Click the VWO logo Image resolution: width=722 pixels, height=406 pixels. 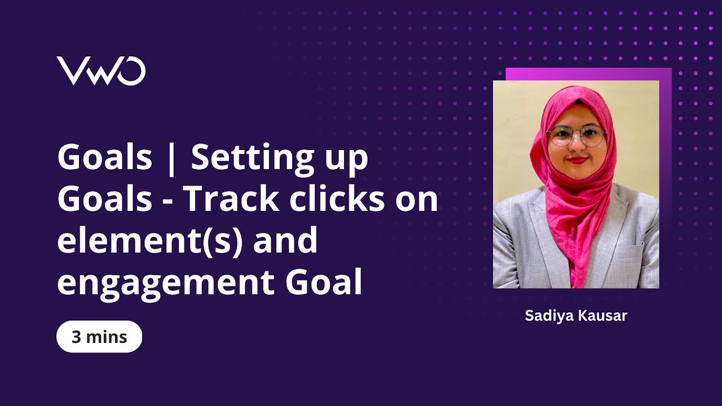point(101,71)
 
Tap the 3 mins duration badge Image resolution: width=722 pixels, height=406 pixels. point(99,337)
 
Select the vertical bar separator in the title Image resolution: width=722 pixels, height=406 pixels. point(172,159)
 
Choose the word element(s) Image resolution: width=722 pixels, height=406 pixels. point(149,241)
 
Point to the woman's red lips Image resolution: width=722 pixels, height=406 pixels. point(578,160)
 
